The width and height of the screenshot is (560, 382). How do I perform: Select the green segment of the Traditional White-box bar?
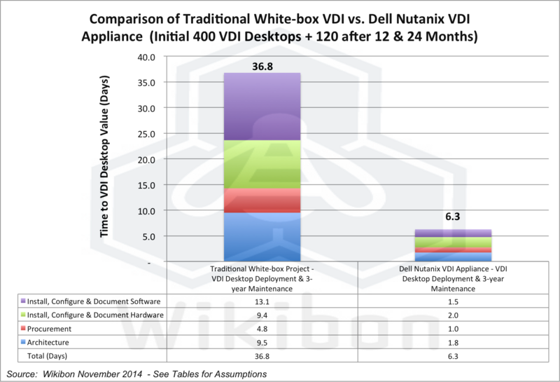[x=261, y=165]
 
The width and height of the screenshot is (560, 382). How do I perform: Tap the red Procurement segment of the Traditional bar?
[x=261, y=200]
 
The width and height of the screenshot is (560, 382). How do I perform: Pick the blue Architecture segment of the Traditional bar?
[x=261, y=237]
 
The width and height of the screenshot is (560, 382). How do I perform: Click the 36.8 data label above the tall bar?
[x=260, y=65]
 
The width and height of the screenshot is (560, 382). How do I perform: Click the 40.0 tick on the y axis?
[x=156, y=57]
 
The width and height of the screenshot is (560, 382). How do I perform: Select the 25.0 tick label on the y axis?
[x=156, y=134]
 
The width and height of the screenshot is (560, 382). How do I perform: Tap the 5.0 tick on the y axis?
[x=159, y=236]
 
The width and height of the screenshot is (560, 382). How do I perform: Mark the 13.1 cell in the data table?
[x=261, y=301]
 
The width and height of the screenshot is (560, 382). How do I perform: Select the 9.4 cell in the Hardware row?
[x=261, y=315]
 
